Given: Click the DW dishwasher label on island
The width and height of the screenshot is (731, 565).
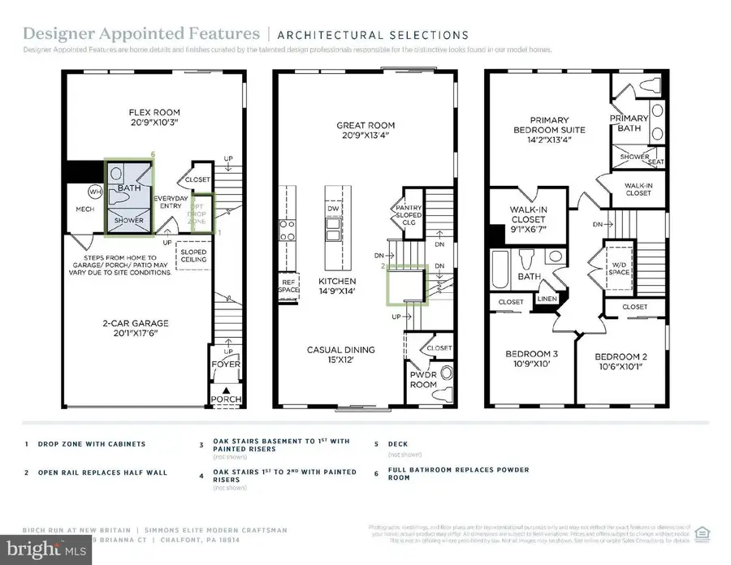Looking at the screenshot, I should [x=332, y=208].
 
